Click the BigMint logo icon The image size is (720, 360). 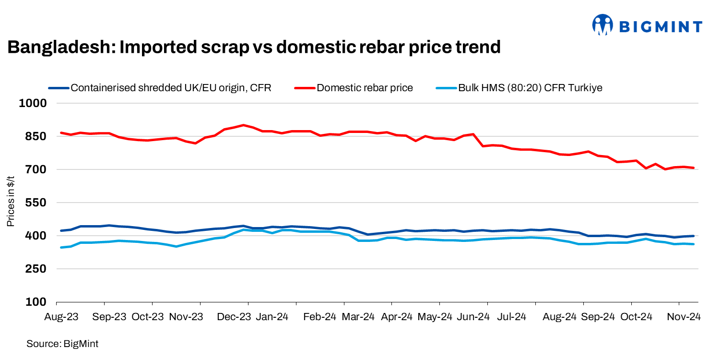tap(602, 24)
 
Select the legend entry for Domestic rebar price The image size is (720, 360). tap(365, 88)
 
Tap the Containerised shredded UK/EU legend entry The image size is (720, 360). tap(171, 88)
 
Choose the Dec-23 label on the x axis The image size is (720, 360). tap(235, 317)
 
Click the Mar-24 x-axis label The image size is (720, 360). tap(358, 317)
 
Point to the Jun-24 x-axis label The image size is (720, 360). tap(473, 317)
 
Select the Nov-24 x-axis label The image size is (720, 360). tap(685, 317)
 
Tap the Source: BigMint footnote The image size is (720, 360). tap(62, 344)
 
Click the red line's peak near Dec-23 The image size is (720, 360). tap(243, 125)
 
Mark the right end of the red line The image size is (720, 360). tap(694, 168)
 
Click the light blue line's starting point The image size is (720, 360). tap(61, 248)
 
